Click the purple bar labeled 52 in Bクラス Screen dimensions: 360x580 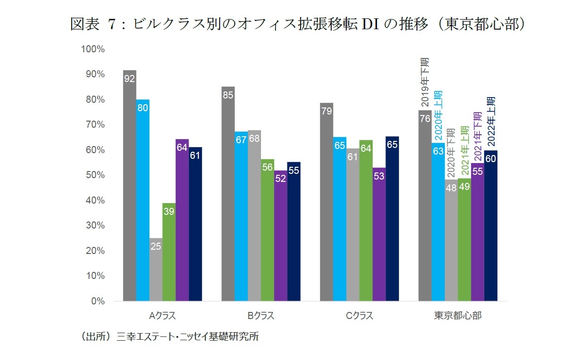(281, 236)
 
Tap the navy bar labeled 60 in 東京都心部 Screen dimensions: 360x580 (491, 226)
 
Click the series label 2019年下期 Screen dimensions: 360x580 (425, 82)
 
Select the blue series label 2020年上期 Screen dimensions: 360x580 (438, 113)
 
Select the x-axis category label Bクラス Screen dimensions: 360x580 (261, 316)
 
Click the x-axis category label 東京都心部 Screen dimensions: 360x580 (457, 316)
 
